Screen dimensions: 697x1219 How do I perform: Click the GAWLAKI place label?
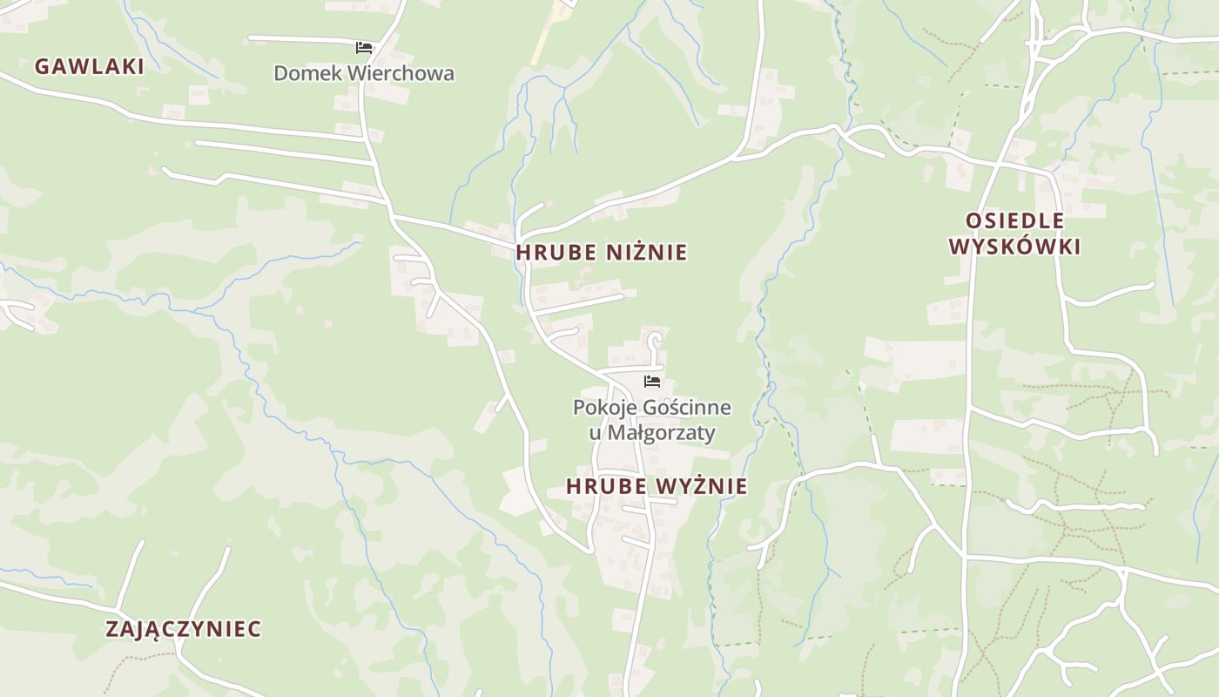click(89, 66)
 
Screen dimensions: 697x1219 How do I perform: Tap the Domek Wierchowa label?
click(364, 73)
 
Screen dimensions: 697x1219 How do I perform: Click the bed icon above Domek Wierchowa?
click(364, 47)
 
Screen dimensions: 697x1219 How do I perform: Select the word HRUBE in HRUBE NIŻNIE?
click(556, 253)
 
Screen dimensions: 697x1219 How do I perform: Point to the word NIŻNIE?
click(647, 253)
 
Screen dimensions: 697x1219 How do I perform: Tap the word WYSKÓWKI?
click(1014, 247)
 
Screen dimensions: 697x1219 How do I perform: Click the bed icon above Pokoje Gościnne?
click(652, 382)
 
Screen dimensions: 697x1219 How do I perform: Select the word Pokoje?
click(604, 408)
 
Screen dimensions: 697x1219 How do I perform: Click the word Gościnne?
click(686, 408)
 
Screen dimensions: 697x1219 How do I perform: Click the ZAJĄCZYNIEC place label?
click(183, 629)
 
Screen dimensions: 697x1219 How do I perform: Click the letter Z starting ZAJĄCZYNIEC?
click(112, 629)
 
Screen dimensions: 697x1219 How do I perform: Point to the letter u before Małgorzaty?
click(581, 433)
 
